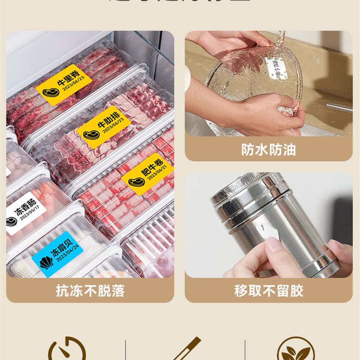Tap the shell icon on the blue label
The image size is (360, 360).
click(x=46, y=262)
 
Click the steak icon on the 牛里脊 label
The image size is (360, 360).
click(x=49, y=93)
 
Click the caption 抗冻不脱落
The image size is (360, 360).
click(x=90, y=291)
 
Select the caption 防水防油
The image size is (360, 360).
click(x=269, y=149)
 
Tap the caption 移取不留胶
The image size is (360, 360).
click(x=269, y=291)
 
